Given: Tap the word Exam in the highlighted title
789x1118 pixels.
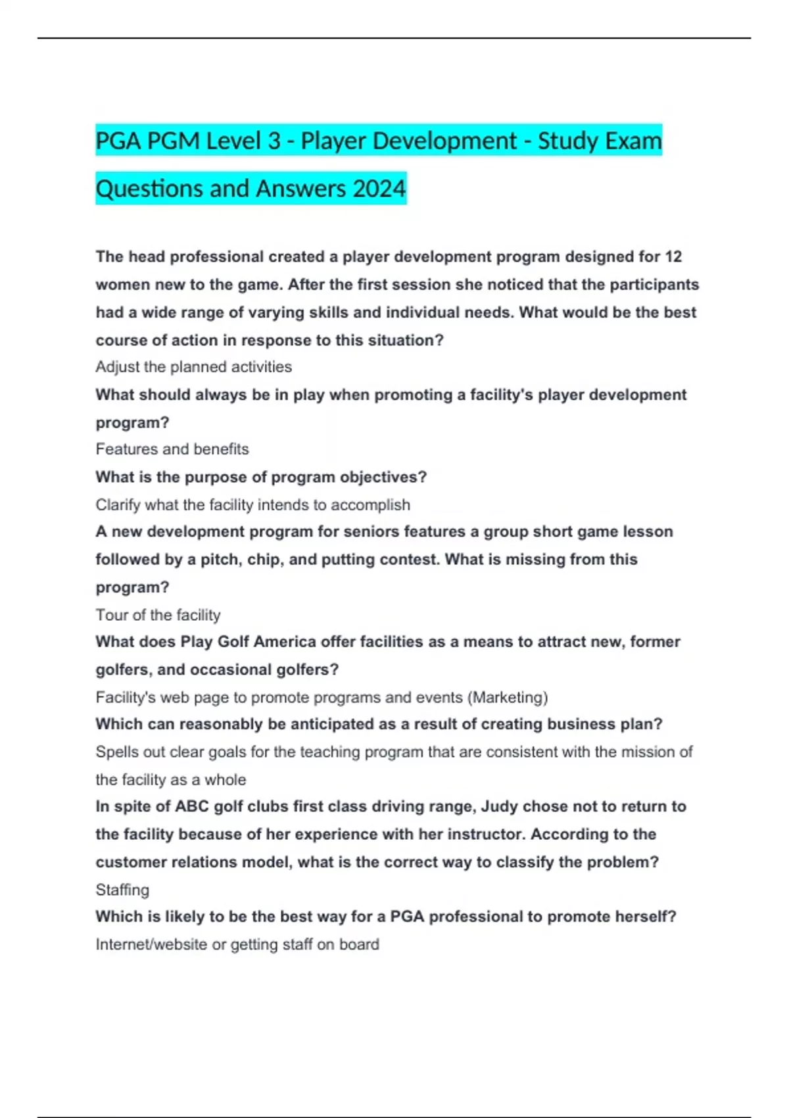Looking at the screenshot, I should tap(633, 141).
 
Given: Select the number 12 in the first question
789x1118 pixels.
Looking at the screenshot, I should tap(673, 256).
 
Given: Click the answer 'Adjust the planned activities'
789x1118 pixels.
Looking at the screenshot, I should tap(193, 367).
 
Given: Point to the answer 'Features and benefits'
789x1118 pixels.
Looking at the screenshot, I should tap(172, 449).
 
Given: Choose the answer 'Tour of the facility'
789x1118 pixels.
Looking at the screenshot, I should tap(158, 615).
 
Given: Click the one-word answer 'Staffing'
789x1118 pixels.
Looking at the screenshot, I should tap(122, 890).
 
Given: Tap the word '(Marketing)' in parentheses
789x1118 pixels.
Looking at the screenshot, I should tap(508, 697).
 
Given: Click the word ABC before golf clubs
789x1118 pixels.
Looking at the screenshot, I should tap(191, 806).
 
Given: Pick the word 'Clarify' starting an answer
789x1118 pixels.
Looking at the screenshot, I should tap(118, 505).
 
